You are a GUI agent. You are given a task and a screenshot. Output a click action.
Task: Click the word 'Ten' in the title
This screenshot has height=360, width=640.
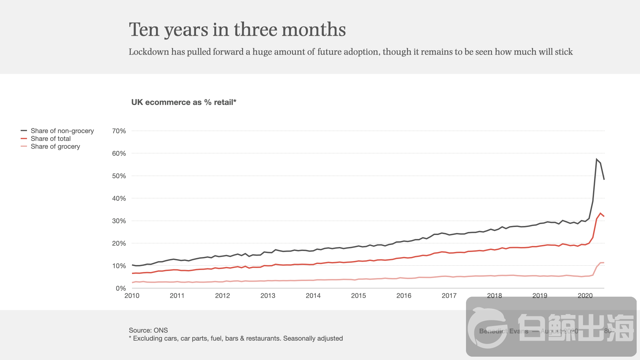click(x=144, y=29)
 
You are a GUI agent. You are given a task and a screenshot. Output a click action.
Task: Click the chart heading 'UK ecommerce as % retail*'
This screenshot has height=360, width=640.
click(x=184, y=102)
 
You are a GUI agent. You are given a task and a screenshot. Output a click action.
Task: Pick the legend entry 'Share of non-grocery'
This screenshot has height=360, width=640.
click(x=62, y=131)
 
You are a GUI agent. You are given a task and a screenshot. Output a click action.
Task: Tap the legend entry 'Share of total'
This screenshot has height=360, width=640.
click(x=51, y=139)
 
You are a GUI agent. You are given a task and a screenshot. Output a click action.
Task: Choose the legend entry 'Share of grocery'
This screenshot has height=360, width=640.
click(x=55, y=147)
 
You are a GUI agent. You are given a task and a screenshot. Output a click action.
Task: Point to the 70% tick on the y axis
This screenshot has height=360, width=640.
click(x=119, y=131)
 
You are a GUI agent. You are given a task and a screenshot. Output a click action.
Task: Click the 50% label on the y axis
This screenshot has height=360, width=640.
click(x=119, y=176)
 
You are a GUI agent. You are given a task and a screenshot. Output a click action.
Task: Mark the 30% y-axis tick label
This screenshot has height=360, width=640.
click(x=119, y=221)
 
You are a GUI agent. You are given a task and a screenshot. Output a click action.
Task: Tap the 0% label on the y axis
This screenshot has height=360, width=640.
click(x=121, y=288)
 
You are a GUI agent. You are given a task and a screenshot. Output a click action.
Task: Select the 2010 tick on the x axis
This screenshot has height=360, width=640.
click(x=132, y=296)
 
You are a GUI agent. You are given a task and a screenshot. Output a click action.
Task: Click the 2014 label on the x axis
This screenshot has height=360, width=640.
click(x=313, y=296)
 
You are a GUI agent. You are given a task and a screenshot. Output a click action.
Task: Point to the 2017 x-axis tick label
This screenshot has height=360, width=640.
click(x=449, y=296)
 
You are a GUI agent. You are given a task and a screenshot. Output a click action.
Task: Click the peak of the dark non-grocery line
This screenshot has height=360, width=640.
click(x=596, y=159)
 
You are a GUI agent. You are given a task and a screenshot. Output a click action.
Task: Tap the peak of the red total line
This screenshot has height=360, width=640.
click(x=600, y=213)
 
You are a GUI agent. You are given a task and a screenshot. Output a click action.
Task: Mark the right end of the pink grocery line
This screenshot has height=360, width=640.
click(x=604, y=263)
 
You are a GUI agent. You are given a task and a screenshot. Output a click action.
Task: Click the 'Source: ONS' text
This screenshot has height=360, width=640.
click(x=148, y=330)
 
